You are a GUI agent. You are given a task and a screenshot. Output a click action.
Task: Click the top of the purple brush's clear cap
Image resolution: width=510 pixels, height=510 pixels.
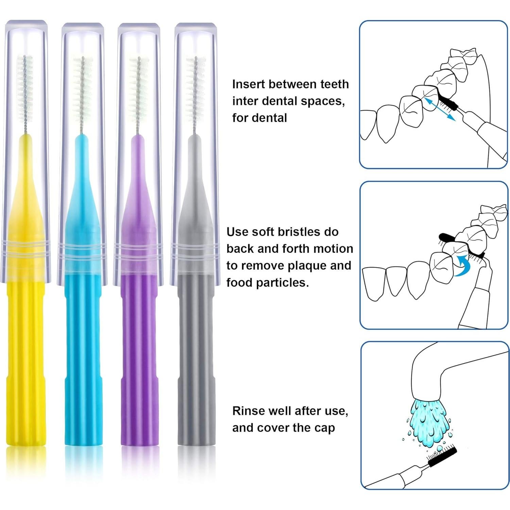pos(139,29)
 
